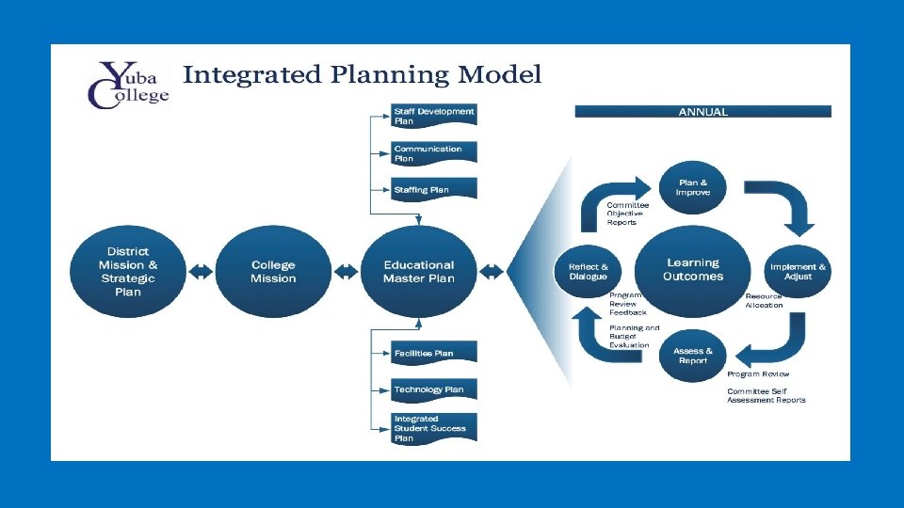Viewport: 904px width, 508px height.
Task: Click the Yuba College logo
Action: coord(128,84)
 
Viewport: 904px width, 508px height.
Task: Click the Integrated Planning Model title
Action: coord(363,74)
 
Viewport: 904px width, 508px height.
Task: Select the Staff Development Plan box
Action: coord(434,116)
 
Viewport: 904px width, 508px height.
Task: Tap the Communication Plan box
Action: coord(434,153)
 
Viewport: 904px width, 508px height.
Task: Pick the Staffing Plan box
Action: coord(434,189)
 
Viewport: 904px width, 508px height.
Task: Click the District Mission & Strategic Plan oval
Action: coord(128,272)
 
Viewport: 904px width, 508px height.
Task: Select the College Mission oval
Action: coord(273,272)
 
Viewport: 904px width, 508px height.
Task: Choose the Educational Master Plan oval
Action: coord(418,272)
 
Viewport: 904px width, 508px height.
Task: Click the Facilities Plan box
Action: coord(434,353)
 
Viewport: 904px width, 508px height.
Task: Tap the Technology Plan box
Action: coord(434,389)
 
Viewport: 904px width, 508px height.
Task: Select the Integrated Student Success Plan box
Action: coord(434,428)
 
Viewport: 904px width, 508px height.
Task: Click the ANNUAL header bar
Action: coord(702,111)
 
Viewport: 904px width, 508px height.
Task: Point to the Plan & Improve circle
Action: coord(694,187)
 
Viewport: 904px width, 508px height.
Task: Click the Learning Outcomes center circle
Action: coord(693,270)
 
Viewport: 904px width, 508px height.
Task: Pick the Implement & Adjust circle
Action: coord(798,272)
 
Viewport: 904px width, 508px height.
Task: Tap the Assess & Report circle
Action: coord(693,356)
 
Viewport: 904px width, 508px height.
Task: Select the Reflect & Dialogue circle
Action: coord(589,272)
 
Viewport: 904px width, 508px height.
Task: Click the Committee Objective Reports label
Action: coord(627,214)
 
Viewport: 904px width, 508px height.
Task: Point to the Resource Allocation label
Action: coord(764,301)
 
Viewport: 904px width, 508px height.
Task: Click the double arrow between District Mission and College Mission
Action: coord(200,272)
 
